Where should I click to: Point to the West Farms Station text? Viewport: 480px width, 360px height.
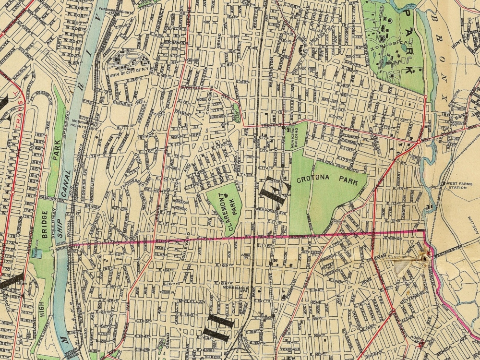click(458, 185)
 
